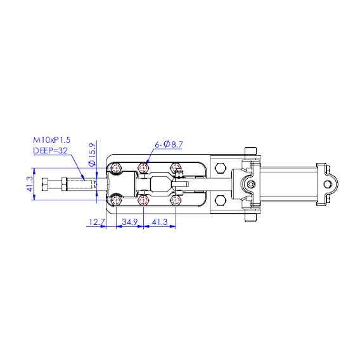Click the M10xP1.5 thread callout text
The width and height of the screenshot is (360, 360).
pos(52,140)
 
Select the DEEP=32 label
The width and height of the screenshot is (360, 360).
pos(50,151)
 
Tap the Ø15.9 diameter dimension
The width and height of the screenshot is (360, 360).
pos(92,155)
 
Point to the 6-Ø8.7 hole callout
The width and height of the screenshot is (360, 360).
pos(169,145)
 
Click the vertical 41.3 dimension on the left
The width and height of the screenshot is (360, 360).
pos(30,184)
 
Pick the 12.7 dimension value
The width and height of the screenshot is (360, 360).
pos(97,222)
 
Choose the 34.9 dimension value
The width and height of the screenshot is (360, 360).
pos(130,222)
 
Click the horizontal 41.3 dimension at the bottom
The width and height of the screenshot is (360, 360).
pos(160,222)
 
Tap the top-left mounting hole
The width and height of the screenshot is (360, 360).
pos(116,168)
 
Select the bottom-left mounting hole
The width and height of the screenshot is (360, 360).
pos(116,200)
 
